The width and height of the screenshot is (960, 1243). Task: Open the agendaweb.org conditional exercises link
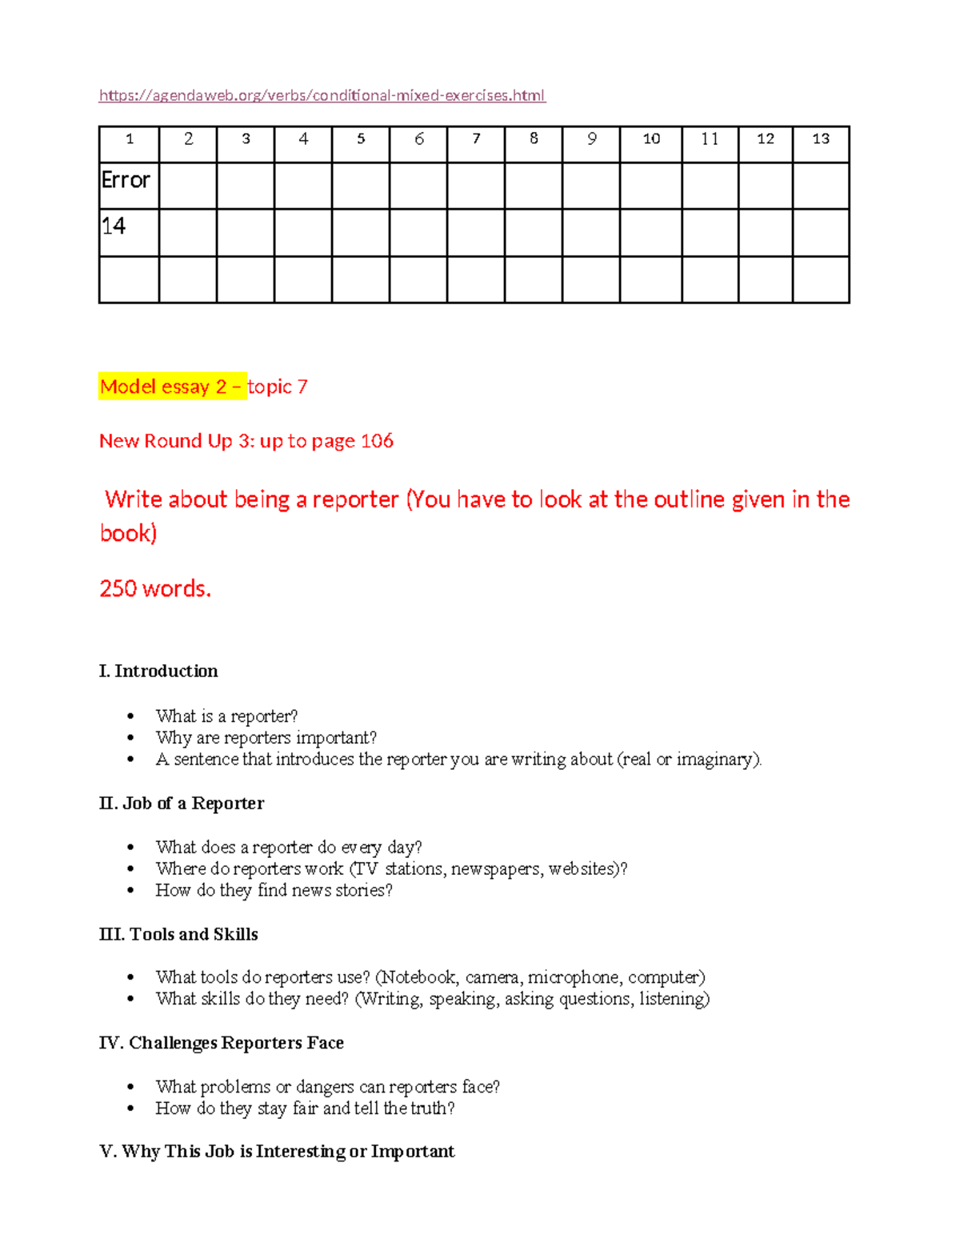point(322,96)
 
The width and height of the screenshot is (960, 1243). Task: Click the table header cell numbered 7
point(476,139)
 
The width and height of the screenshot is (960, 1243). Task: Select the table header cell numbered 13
point(821,139)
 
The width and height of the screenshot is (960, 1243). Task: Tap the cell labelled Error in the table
point(126,181)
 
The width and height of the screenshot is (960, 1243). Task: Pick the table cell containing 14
point(114,227)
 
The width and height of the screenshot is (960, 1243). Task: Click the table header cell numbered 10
point(651,139)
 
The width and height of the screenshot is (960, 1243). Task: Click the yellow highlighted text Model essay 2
point(163,387)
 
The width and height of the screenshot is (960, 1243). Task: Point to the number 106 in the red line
point(377,441)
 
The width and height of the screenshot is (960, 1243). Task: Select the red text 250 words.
point(155,589)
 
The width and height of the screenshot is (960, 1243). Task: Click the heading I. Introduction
point(158,672)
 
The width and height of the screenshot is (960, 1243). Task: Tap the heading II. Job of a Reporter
point(182,804)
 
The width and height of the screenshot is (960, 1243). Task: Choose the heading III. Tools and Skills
point(178,935)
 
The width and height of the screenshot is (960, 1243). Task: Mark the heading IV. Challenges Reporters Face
point(222,1043)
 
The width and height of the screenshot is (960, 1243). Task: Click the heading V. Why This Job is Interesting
point(277,1152)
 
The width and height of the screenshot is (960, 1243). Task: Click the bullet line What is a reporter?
point(226,716)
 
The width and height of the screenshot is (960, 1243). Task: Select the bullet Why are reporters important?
point(266,738)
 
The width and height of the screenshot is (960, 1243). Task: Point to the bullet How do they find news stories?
point(274,891)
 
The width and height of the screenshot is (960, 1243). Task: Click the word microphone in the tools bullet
point(573,978)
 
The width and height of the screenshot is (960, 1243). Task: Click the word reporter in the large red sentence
point(355,500)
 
